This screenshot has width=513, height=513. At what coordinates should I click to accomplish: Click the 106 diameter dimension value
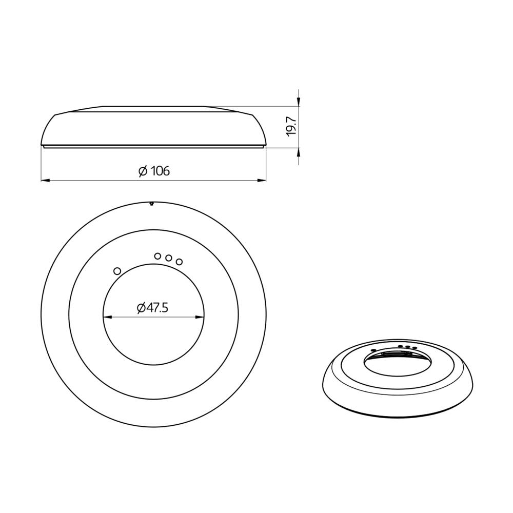[x=160, y=171]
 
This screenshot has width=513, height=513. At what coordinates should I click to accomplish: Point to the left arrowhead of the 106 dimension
[x=45, y=180]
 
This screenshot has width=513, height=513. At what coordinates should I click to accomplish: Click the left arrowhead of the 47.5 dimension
[x=107, y=317]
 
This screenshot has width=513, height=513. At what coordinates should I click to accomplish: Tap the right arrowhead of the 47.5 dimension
[x=201, y=317]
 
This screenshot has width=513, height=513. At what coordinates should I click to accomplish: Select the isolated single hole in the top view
[x=117, y=270]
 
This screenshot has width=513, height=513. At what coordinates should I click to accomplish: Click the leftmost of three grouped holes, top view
[x=158, y=255]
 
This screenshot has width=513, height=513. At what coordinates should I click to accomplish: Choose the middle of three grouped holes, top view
[x=168, y=258]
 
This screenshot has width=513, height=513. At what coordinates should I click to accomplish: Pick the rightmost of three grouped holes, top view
[x=179, y=262]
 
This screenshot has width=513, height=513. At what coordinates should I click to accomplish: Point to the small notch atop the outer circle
[x=152, y=204]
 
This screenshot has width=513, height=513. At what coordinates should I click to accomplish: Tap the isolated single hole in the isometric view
[x=373, y=350]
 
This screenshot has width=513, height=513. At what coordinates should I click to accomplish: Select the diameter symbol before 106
[x=143, y=171]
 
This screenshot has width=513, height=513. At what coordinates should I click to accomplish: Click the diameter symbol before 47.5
[x=141, y=308]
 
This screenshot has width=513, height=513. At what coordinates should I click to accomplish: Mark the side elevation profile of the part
[x=154, y=128]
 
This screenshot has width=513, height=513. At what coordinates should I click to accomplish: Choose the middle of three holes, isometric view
[x=407, y=347]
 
